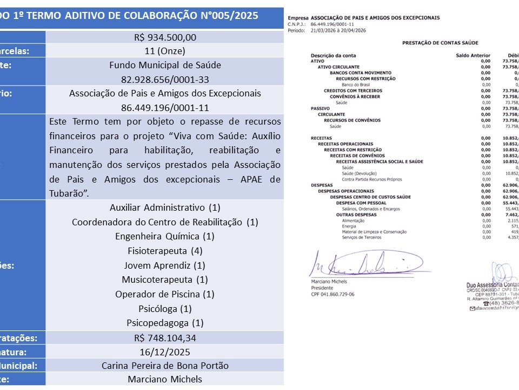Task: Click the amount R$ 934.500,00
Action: (165, 37)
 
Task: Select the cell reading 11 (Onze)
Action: (165, 51)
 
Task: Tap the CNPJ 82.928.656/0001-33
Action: (165, 79)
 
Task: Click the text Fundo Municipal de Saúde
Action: (165, 65)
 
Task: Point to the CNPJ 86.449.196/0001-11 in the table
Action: (165, 107)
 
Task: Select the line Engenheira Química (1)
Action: (165, 236)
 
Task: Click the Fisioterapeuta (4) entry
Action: (165, 251)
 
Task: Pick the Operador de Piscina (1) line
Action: (165, 294)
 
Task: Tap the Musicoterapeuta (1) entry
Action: (165, 279)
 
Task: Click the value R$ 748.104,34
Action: (165, 338)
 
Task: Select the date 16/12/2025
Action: (165, 352)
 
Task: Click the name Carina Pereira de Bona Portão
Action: (165, 366)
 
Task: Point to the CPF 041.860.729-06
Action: (332, 294)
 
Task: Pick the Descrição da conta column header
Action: (333, 55)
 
